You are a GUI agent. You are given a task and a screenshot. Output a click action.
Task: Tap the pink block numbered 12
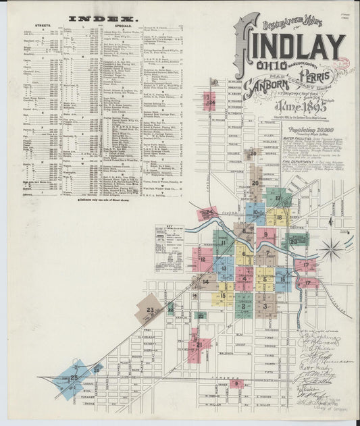202,260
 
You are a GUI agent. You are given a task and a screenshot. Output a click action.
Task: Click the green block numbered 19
278,198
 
